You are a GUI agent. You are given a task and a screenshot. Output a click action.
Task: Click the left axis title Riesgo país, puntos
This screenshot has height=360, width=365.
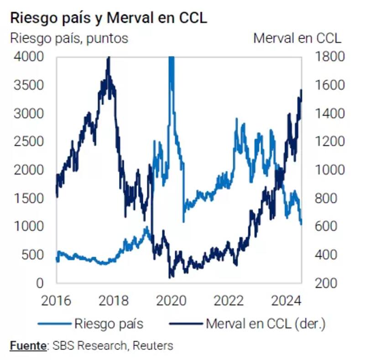pos(69,38)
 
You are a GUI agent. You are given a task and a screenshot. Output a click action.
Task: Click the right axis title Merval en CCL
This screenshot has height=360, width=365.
pos(297,38)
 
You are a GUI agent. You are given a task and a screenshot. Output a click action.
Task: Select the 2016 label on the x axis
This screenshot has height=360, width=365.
pos(57,301)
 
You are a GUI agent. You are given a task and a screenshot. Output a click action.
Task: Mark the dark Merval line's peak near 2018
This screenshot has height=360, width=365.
pos(109,58)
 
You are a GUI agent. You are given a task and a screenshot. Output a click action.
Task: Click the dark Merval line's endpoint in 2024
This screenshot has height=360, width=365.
pos(301,90)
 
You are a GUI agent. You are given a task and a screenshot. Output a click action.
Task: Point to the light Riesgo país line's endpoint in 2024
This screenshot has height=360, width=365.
pos(301,223)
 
